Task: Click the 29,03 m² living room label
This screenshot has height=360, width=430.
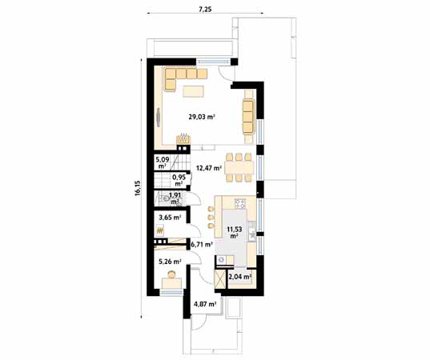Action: click(202, 117)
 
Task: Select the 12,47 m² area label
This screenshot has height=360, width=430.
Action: click(207, 168)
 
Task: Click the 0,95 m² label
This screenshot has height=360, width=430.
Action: click(179, 181)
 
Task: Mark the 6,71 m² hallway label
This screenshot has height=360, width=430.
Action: click(200, 245)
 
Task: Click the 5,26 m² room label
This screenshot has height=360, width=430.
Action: click(169, 261)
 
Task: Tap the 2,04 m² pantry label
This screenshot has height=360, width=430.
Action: click(239, 277)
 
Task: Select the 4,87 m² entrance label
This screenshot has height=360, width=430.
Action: click(206, 304)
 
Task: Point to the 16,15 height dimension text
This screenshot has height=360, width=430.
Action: click(138, 192)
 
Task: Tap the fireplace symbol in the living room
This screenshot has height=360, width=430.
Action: click(183, 139)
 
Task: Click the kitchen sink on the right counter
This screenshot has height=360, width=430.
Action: click(251, 234)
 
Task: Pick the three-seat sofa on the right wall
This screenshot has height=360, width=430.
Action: click(247, 116)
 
